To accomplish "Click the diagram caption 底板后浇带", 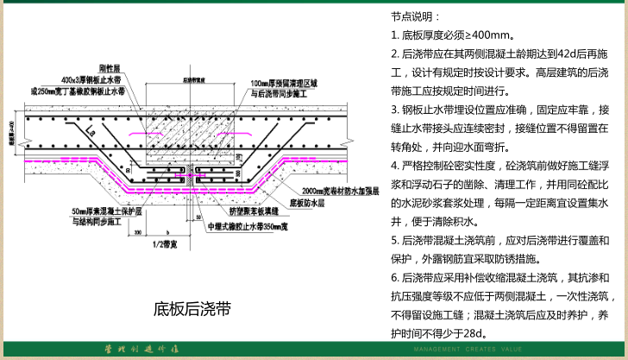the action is click(x=192, y=308).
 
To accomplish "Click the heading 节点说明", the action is click(x=415, y=16).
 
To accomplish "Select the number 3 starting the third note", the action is click(x=394, y=110).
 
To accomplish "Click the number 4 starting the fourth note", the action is click(x=394, y=166).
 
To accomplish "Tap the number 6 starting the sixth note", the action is click(x=394, y=277).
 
